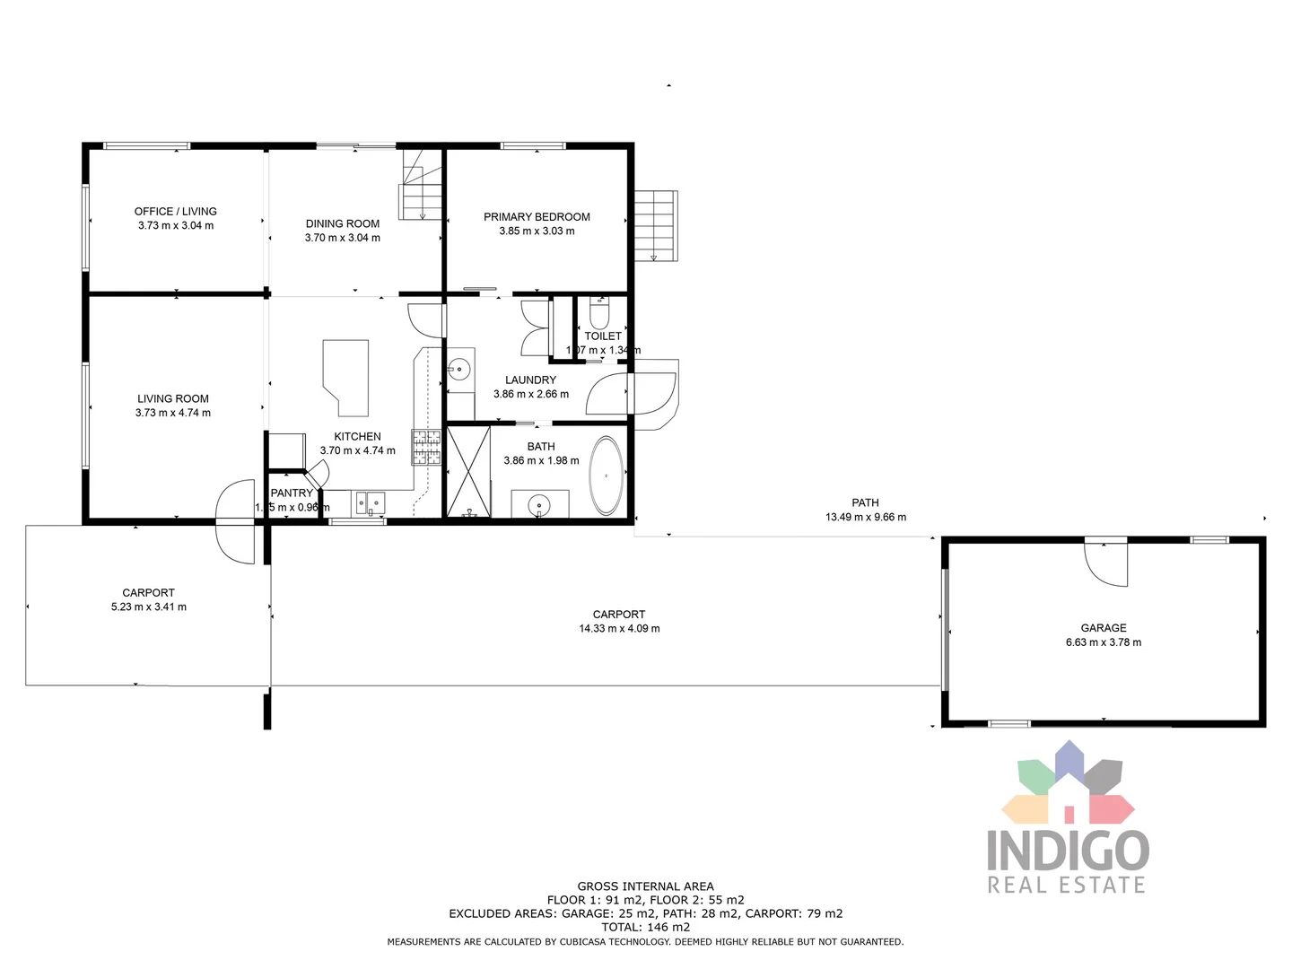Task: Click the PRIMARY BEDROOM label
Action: click(x=537, y=217)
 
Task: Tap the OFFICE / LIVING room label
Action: click(x=176, y=212)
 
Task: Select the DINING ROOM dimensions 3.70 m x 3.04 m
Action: click(x=343, y=238)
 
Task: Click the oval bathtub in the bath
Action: click(x=607, y=476)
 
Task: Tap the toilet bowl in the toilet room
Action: click(x=599, y=314)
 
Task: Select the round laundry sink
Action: click(x=459, y=368)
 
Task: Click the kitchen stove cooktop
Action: click(x=426, y=447)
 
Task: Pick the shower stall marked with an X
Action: click(x=468, y=472)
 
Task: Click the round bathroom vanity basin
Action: click(x=538, y=504)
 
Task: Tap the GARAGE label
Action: click(x=1104, y=628)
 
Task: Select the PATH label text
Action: click(x=865, y=502)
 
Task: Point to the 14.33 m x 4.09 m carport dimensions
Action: click(x=619, y=629)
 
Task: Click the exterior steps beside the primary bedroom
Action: click(x=656, y=225)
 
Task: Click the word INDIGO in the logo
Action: click(x=1068, y=850)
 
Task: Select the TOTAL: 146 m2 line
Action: click(x=646, y=927)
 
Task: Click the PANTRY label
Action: click(x=292, y=493)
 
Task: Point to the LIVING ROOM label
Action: click(x=173, y=398)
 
